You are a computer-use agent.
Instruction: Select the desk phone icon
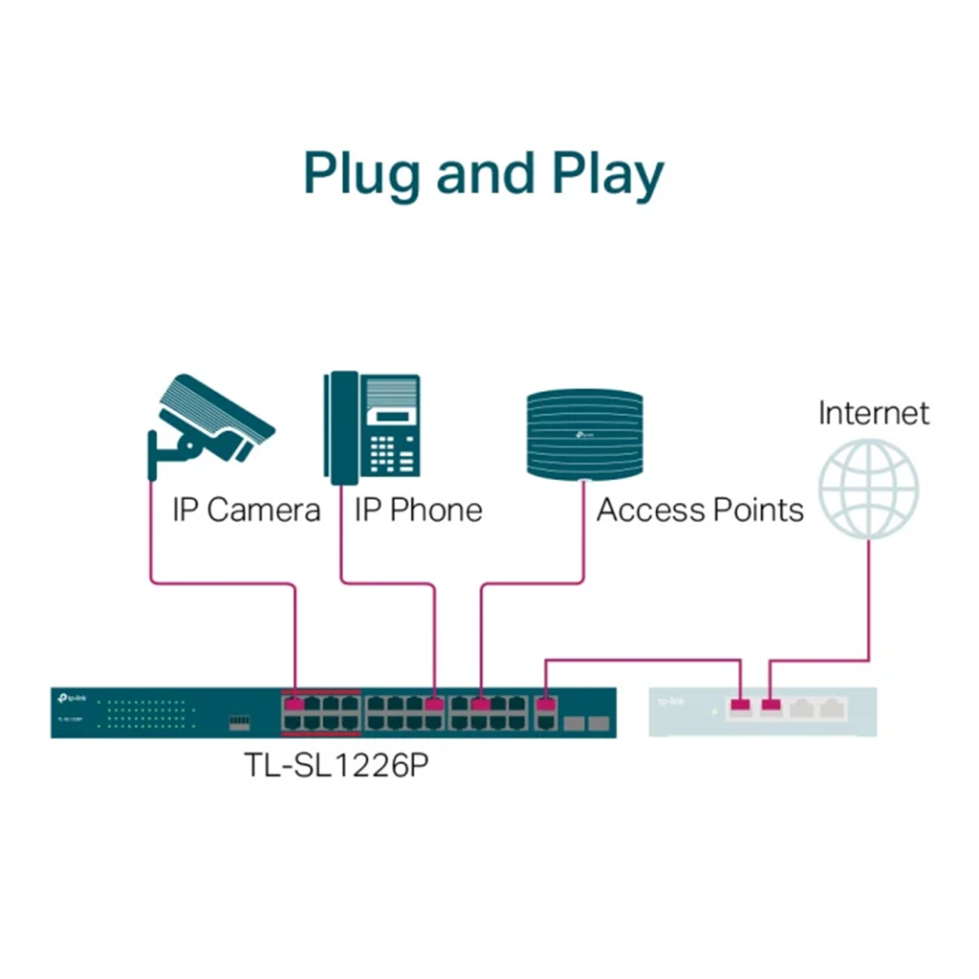372,428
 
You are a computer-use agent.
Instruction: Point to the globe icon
869,488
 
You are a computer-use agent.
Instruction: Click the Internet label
873,413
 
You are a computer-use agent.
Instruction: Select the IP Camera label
246,510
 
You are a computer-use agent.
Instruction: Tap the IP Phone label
418,510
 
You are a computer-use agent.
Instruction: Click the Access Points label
700,510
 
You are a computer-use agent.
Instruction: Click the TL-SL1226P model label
334,766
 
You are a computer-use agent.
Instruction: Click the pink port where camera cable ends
294,705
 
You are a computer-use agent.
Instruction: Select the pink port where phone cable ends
435,705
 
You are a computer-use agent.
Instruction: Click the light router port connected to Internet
771,707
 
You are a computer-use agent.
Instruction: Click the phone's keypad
393,453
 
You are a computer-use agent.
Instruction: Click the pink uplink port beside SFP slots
545,706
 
